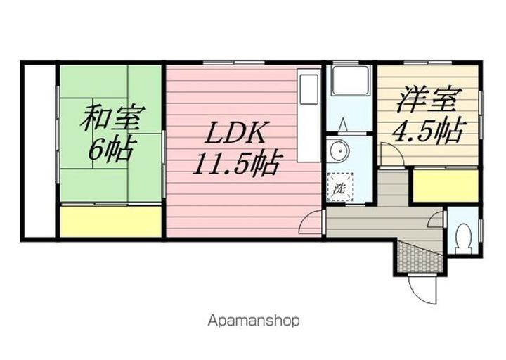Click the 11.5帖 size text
(235, 165)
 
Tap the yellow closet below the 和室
(110, 222)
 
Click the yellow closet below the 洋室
(445, 186)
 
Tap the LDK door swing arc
(309, 225)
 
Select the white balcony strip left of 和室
(39, 151)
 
